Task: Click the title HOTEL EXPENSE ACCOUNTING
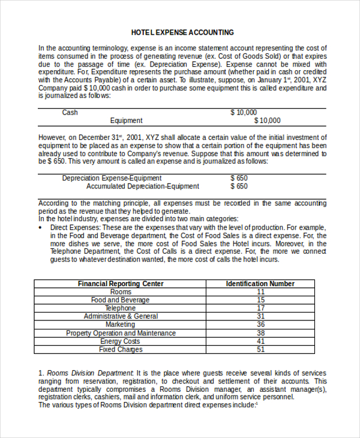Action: point(182,32)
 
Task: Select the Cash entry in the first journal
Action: point(70,112)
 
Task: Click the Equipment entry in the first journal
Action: point(126,121)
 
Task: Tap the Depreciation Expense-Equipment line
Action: point(112,178)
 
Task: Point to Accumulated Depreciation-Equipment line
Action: point(142,186)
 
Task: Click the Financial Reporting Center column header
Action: point(121,284)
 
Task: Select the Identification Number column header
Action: point(260,284)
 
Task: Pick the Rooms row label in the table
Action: point(121,292)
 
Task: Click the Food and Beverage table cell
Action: point(121,300)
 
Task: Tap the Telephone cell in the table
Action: point(121,308)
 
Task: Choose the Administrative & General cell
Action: point(121,316)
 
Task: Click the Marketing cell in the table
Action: point(121,325)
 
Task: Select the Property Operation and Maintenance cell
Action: point(121,333)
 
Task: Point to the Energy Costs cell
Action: point(121,341)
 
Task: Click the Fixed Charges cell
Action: point(121,349)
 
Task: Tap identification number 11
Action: point(260,292)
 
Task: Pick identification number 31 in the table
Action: point(260,316)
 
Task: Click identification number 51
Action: point(260,349)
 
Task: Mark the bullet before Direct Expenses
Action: point(40,228)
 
